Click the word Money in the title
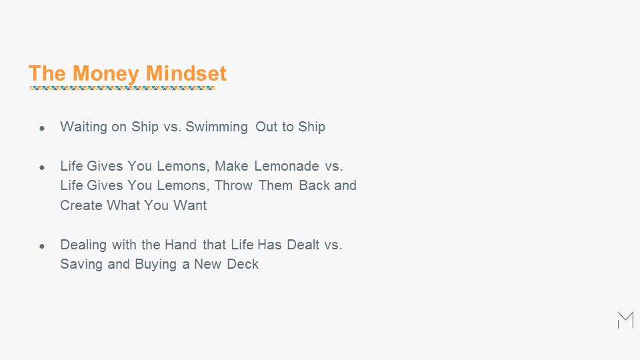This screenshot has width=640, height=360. [106, 74]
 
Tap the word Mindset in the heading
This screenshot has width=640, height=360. [186, 73]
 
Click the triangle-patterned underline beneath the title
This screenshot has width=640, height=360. [123, 88]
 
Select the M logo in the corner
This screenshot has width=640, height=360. [626, 320]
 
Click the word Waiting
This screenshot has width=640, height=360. [84, 127]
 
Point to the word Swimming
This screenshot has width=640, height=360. [216, 127]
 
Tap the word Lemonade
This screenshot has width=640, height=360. [287, 166]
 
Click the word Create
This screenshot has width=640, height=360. [81, 205]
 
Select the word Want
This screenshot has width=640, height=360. [190, 205]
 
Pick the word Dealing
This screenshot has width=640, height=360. [83, 245]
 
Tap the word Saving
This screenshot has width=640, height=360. [81, 265]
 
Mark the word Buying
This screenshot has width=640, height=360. [155, 265]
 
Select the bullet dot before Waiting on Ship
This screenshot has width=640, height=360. [41, 128]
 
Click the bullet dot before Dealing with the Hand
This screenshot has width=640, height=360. [41, 246]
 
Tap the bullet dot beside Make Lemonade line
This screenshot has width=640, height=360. [41, 167]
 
